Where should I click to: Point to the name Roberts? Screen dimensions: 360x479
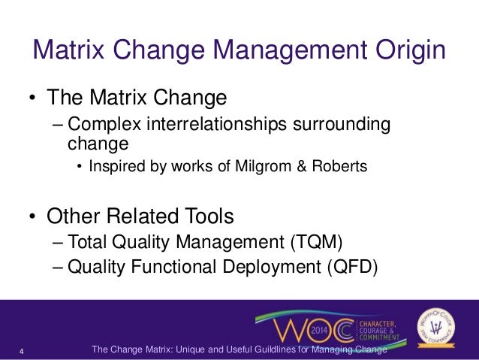pos(341,166)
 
